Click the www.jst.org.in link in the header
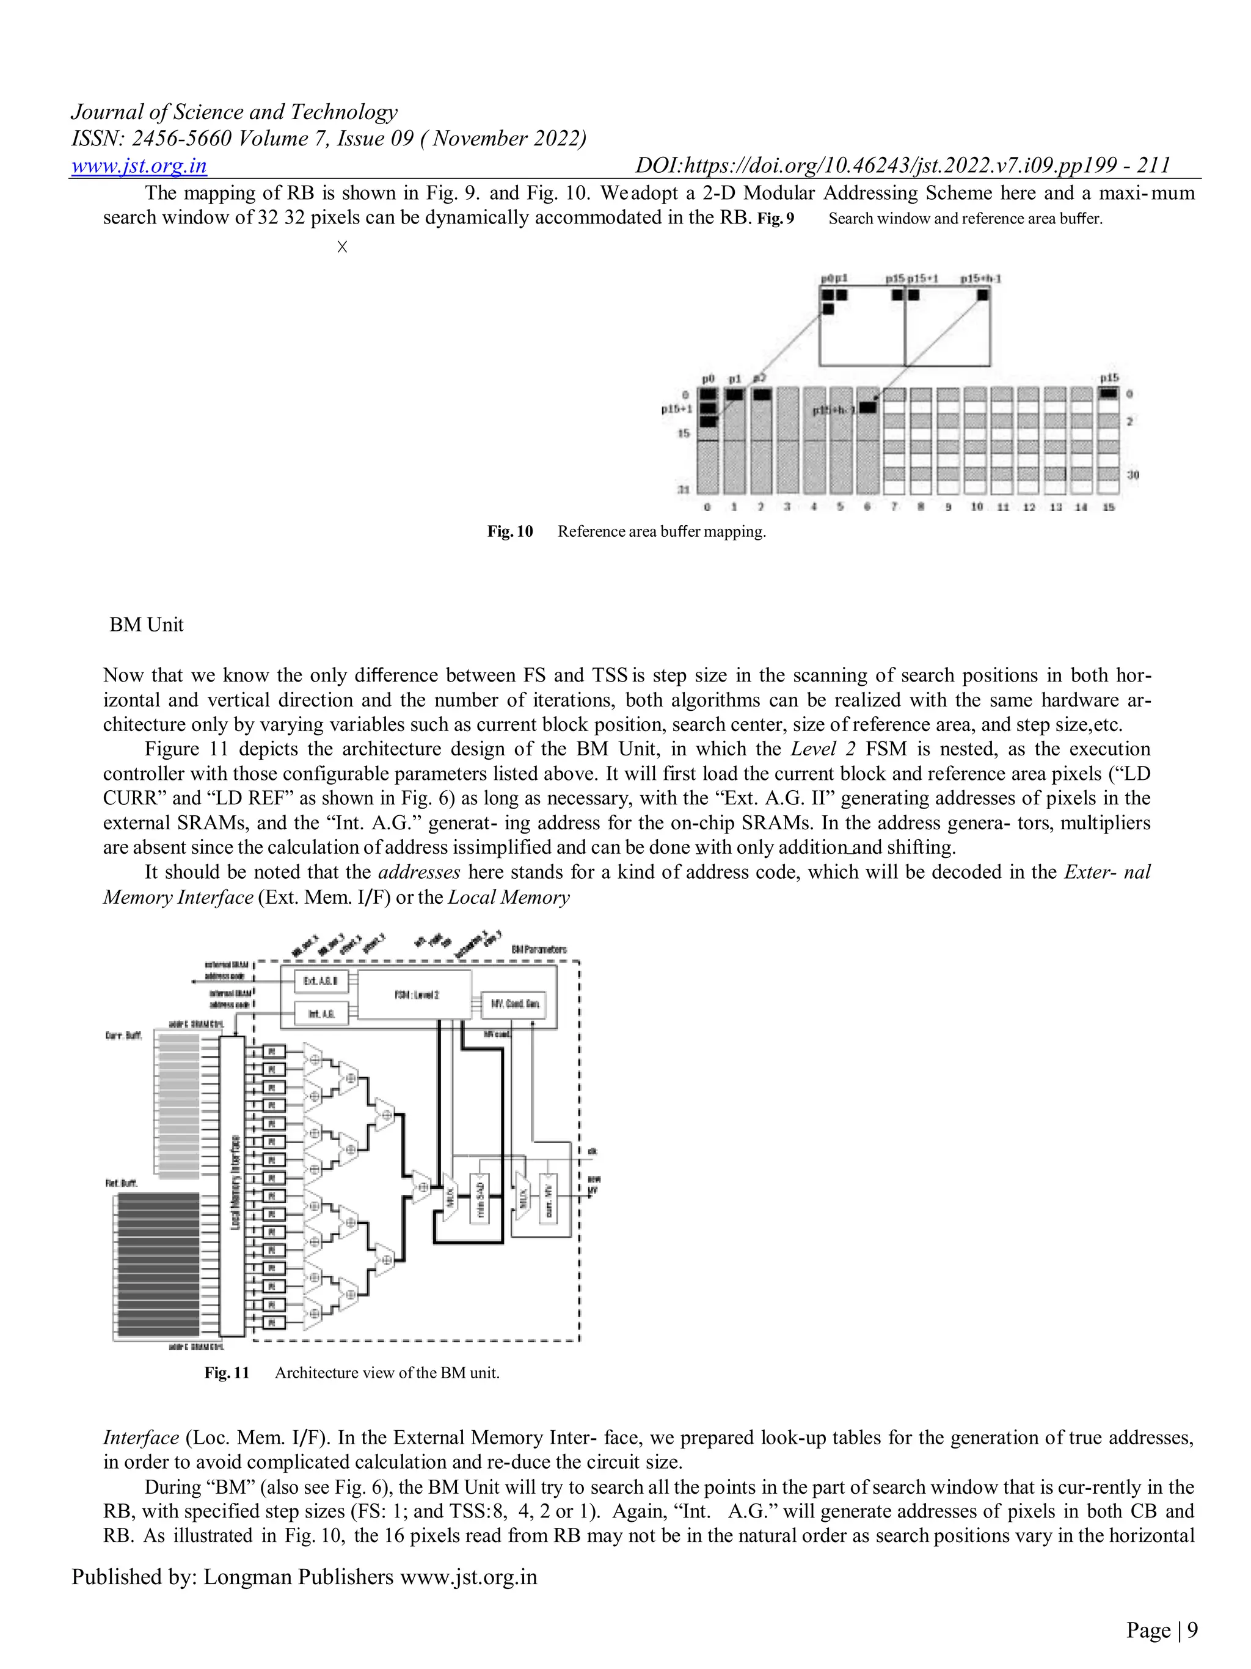pos(139,165)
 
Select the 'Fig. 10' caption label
pos(509,531)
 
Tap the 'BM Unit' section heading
pos(147,625)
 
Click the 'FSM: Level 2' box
pos(414,995)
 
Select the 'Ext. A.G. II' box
pos(321,981)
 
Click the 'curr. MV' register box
pos(548,1199)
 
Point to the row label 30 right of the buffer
pos(1132,475)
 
